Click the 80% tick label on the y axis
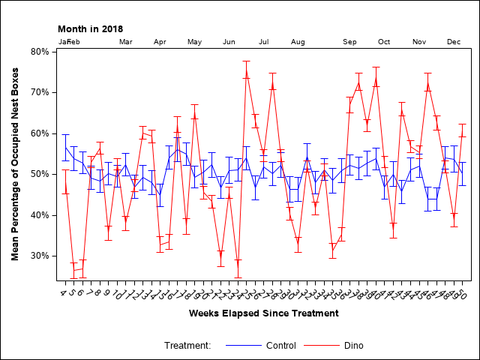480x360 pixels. click(38, 52)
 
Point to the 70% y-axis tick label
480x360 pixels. click(38, 92)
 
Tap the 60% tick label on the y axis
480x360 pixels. click(38, 133)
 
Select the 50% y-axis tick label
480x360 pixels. click(38, 174)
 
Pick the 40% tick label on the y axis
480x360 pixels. click(38, 215)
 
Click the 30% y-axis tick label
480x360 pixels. click(38, 256)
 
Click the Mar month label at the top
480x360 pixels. click(126, 42)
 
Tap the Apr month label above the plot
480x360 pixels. click(160, 42)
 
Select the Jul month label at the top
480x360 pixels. click(264, 42)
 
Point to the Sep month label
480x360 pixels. click(349, 42)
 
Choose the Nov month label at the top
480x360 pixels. click(419, 42)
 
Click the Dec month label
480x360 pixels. click(454, 42)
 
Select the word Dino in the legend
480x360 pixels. click(354, 346)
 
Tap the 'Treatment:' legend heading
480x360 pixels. click(187, 346)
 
